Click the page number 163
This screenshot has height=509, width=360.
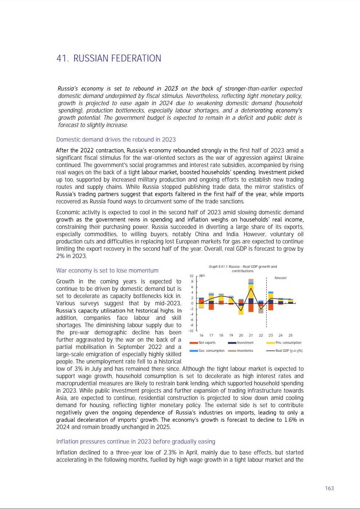click(x=329, y=488)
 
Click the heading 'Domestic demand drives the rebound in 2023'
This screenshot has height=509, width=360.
click(x=116, y=139)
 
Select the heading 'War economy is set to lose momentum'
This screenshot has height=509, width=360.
click(x=107, y=270)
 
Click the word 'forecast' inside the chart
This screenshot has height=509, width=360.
click(x=280, y=278)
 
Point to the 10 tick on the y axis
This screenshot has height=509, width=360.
click(x=192, y=276)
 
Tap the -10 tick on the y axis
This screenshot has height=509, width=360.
click(x=191, y=331)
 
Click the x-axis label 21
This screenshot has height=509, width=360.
click(x=251, y=335)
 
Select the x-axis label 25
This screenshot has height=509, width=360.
click(x=291, y=335)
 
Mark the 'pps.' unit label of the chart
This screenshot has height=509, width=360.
click(x=202, y=276)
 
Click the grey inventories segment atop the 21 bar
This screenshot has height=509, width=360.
click(x=251, y=281)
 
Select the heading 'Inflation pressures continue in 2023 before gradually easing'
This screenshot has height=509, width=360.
click(x=136, y=441)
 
